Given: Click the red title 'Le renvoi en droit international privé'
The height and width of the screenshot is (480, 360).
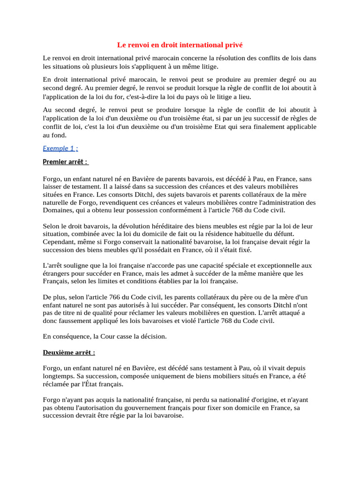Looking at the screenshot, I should (180, 45).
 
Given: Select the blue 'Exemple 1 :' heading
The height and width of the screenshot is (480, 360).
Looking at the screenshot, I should (60, 148).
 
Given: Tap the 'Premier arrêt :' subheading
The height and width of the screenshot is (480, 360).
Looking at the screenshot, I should (65, 162).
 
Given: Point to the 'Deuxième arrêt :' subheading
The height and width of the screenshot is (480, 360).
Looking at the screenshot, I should (69, 352).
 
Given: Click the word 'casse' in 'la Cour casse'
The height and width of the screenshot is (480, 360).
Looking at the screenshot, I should (119, 336).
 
